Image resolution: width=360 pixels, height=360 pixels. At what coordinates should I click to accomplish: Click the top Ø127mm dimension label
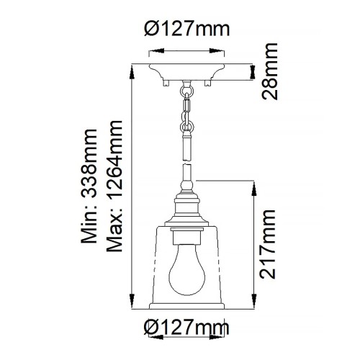click(x=186, y=30)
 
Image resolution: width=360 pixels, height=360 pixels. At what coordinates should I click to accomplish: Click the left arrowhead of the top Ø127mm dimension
click(x=151, y=51)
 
